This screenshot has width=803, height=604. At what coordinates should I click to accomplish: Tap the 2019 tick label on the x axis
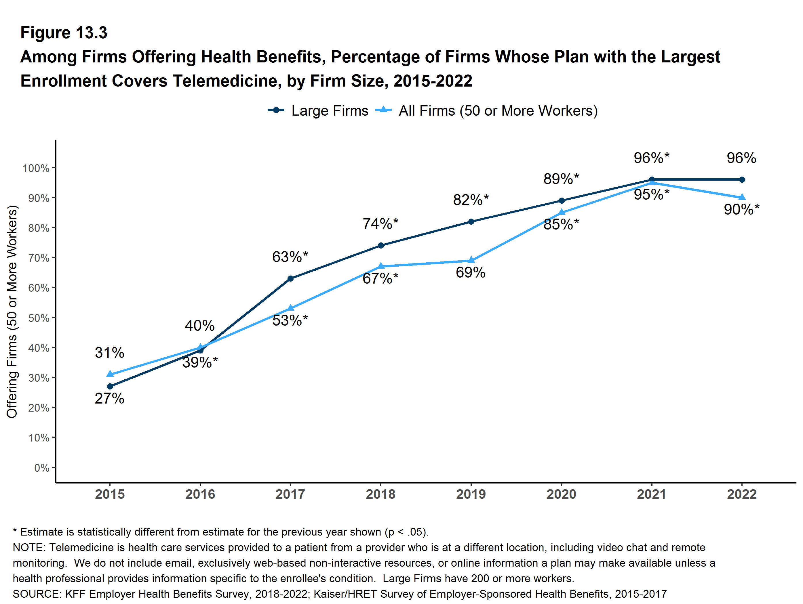pyautogui.click(x=471, y=494)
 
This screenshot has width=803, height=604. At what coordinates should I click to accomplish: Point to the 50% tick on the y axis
pyautogui.click(x=39, y=318)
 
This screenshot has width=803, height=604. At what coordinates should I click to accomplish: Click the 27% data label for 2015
pyautogui.click(x=109, y=398)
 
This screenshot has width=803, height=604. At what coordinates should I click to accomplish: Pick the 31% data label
pyautogui.click(x=109, y=352)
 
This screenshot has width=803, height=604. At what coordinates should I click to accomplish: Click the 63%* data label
pyautogui.click(x=290, y=257)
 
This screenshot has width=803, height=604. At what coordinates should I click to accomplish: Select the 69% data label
pyautogui.click(x=471, y=272)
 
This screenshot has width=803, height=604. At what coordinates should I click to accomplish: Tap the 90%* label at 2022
pyautogui.click(x=741, y=209)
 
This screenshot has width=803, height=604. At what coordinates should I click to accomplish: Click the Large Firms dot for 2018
pyautogui.click(x=381, y=245)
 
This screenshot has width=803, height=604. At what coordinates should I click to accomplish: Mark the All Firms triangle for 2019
pyautogui.click(x=471, y=260)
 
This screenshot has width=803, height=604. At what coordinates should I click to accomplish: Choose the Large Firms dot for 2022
pyautogui.click(x=742, y=179)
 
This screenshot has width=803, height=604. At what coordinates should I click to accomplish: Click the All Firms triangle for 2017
pyautogui.click(x=290, y=308)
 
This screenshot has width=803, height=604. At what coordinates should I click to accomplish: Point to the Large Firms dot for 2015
pyautogui.click(x=110, y=386)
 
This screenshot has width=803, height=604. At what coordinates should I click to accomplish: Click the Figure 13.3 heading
pyautogui.click(x=64, y=33)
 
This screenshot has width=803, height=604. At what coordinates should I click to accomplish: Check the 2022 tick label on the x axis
pyautogui.click(x=742, y=494)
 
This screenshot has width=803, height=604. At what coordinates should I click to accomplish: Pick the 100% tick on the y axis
pyautogui.click(x=36, y=168)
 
